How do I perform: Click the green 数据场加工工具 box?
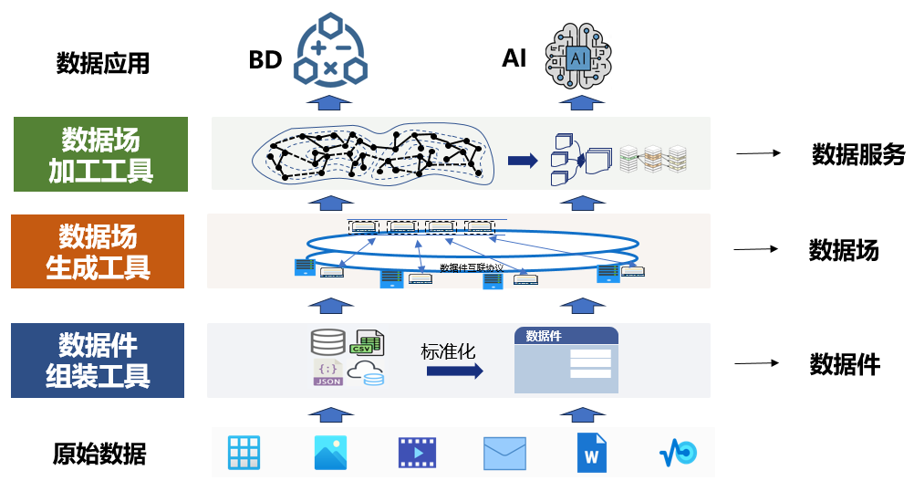point(100,154)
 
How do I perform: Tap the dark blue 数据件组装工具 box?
point(98,360)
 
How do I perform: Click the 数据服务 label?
point(857,154)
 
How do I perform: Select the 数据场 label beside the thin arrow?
point(844,250)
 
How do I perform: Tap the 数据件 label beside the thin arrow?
point(845,365)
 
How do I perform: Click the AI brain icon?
point(577,58)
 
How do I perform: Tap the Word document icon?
point(591,453)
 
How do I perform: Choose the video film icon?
point(417,453)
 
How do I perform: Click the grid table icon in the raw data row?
point(244,453)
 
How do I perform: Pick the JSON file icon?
point(327,372)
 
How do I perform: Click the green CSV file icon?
point(367,342)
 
